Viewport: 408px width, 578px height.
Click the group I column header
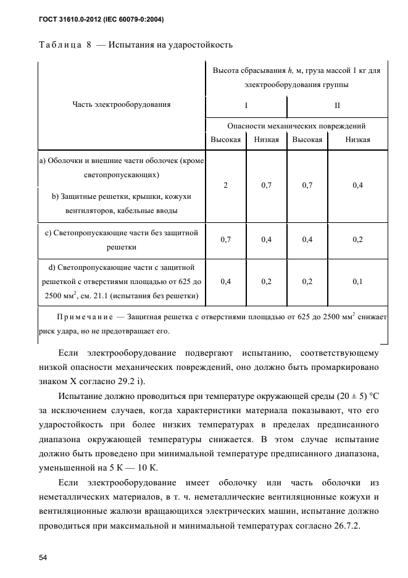pos(246,105)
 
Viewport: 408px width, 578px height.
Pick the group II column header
pos(337,105)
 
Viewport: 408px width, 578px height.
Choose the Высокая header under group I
pos(225,140)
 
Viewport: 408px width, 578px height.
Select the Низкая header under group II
pos(357,140)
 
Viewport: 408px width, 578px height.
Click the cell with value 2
pos(225,185)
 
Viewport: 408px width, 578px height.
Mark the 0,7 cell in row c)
pos(225,240)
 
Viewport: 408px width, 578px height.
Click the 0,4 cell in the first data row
pos(357,185)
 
